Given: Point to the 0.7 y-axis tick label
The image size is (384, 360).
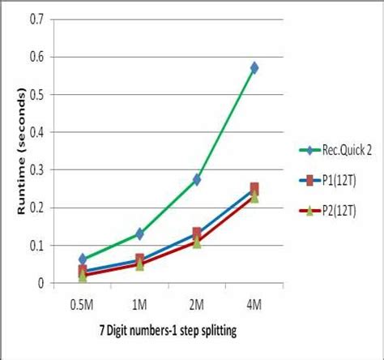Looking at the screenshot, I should point(35,19).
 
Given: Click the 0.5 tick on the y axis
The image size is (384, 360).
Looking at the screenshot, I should point(35,94).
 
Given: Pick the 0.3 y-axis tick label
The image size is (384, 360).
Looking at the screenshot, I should point(35,169).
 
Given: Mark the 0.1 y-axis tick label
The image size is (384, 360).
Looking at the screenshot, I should point(35,245).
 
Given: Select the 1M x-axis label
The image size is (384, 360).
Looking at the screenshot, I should point(139,303).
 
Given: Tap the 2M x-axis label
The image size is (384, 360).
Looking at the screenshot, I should point(196,303).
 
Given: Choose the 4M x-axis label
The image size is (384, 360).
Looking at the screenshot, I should point(254,303).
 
